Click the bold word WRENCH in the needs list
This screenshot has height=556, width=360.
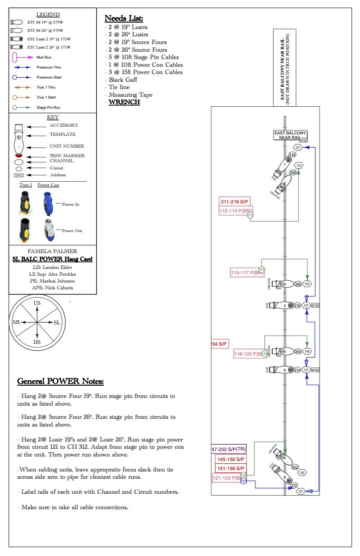pos(124,102)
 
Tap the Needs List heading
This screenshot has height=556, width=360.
pos(124,19)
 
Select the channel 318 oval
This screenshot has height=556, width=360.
pos(293,155)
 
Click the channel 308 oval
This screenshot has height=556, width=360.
pos(293,173)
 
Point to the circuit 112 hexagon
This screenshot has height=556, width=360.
pos(299,165)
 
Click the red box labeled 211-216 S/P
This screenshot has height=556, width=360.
pos(235,202)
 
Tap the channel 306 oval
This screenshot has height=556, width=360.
pos(298,284)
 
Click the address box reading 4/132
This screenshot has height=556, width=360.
pos(315,305)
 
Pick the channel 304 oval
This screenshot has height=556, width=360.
pos(298,351)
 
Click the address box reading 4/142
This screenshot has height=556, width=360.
pos(315,370)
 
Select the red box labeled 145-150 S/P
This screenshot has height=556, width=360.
pos(230,460)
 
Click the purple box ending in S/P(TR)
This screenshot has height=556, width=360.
pos(229,449)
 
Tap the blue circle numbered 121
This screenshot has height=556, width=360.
pos(243,481)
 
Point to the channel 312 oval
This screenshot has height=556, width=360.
pos(294,485)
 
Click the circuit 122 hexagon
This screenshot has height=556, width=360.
pos(302,473)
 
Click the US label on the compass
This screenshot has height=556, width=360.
pos(37,303)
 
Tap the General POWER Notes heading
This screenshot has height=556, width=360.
pos(60,381)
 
